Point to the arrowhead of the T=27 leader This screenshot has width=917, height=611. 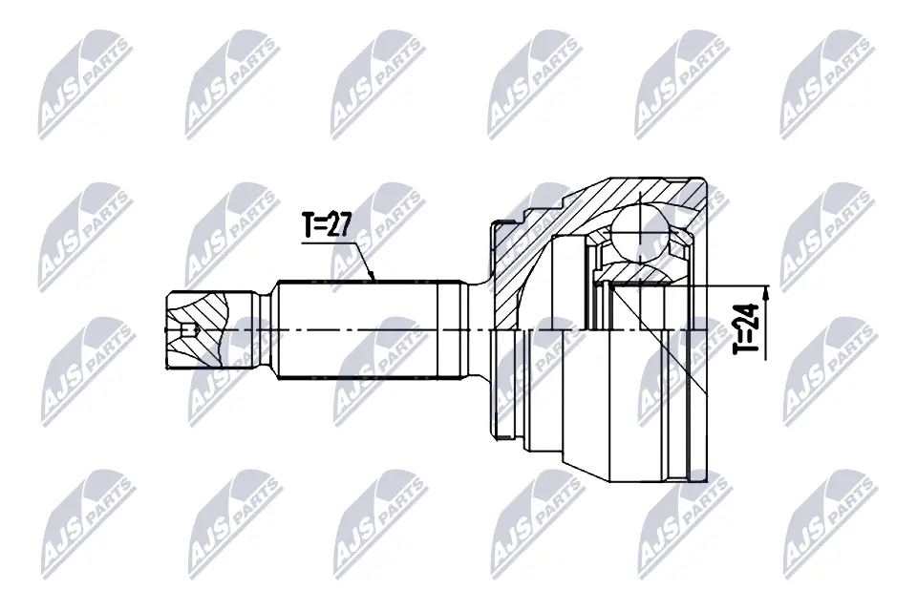pos(375,278)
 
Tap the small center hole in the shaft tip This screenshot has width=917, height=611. pos(188,331)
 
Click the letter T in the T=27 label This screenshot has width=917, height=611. pos(309,225)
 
